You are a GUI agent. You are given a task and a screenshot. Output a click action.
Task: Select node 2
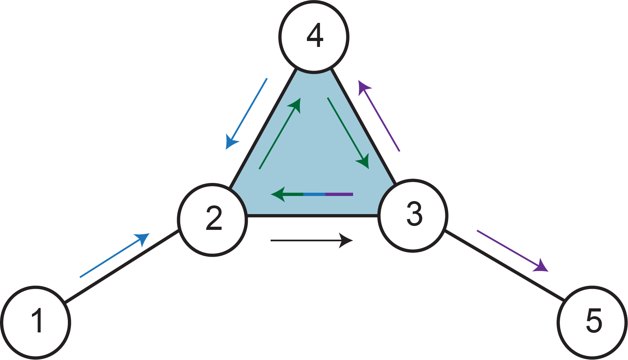coord(213,219)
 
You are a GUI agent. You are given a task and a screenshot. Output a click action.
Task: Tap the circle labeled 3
coord(413,215)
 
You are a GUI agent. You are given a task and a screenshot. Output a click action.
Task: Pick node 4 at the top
coord(314,37)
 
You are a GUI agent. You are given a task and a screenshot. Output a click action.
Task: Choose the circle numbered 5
coord(592,322)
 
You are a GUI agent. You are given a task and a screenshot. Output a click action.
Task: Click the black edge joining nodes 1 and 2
coord(122,267)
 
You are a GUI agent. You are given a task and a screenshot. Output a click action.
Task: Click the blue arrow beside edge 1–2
coord(114,256)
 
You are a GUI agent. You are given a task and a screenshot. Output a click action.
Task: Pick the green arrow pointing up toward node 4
coord(280,134)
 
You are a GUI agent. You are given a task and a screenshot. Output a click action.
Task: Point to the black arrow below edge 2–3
coord(311,240)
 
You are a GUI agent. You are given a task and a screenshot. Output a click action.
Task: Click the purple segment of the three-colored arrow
coord(339,194)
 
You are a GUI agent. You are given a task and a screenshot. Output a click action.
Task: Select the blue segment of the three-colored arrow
coord(314,194)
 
